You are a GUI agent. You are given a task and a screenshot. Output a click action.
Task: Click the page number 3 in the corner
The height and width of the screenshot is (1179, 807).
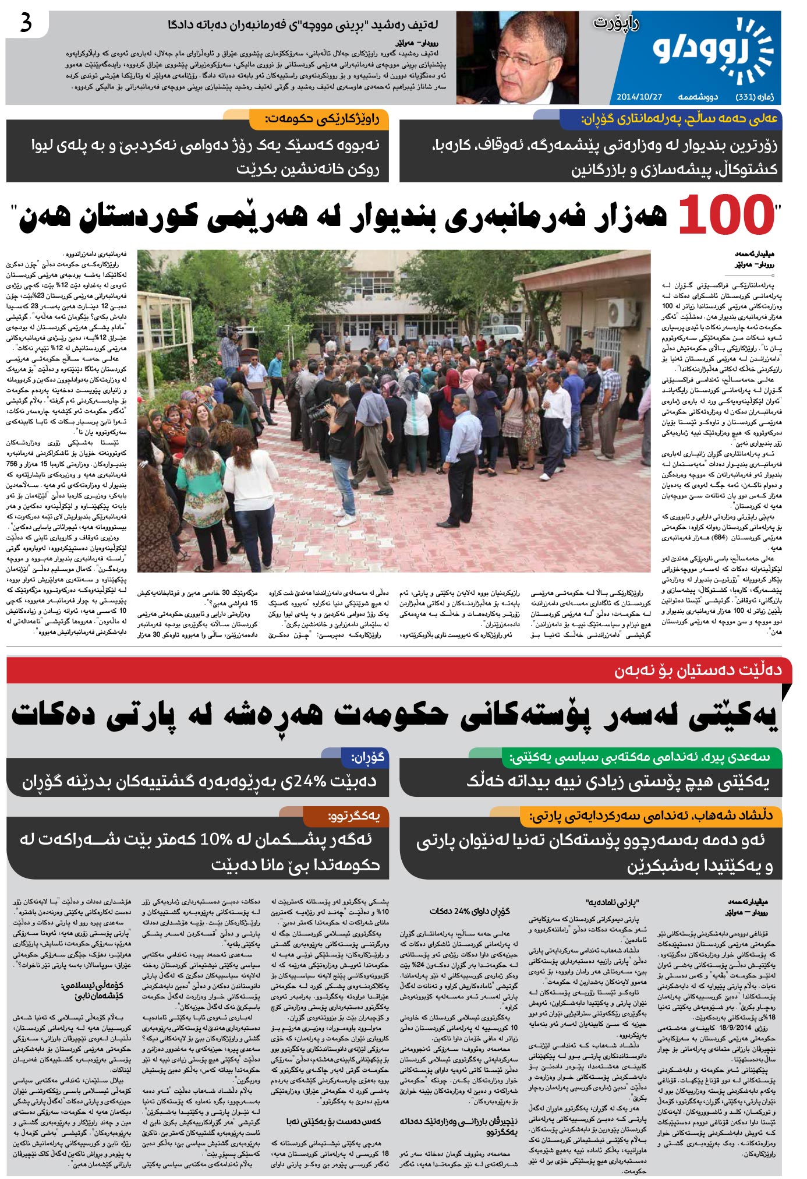[26, 24]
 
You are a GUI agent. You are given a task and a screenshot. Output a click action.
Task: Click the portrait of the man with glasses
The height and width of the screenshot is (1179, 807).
[517, 57]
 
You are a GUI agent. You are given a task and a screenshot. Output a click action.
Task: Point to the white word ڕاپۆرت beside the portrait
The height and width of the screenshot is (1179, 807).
[615, 24]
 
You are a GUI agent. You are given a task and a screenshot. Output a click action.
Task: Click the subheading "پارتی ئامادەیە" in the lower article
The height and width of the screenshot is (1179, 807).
[611, 903]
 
